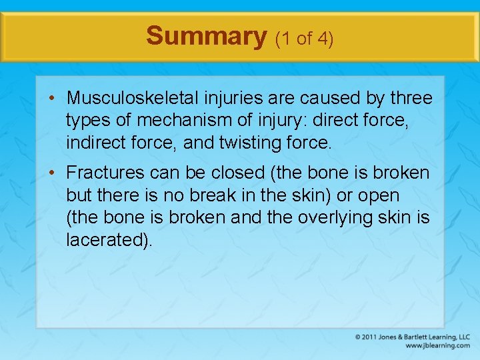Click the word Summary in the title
[x=206, y=36]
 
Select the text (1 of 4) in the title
[x=304, y=39]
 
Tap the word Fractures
[x=105, y=173]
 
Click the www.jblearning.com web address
[x=437, y=345]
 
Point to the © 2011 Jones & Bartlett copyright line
[x=412, y=337]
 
